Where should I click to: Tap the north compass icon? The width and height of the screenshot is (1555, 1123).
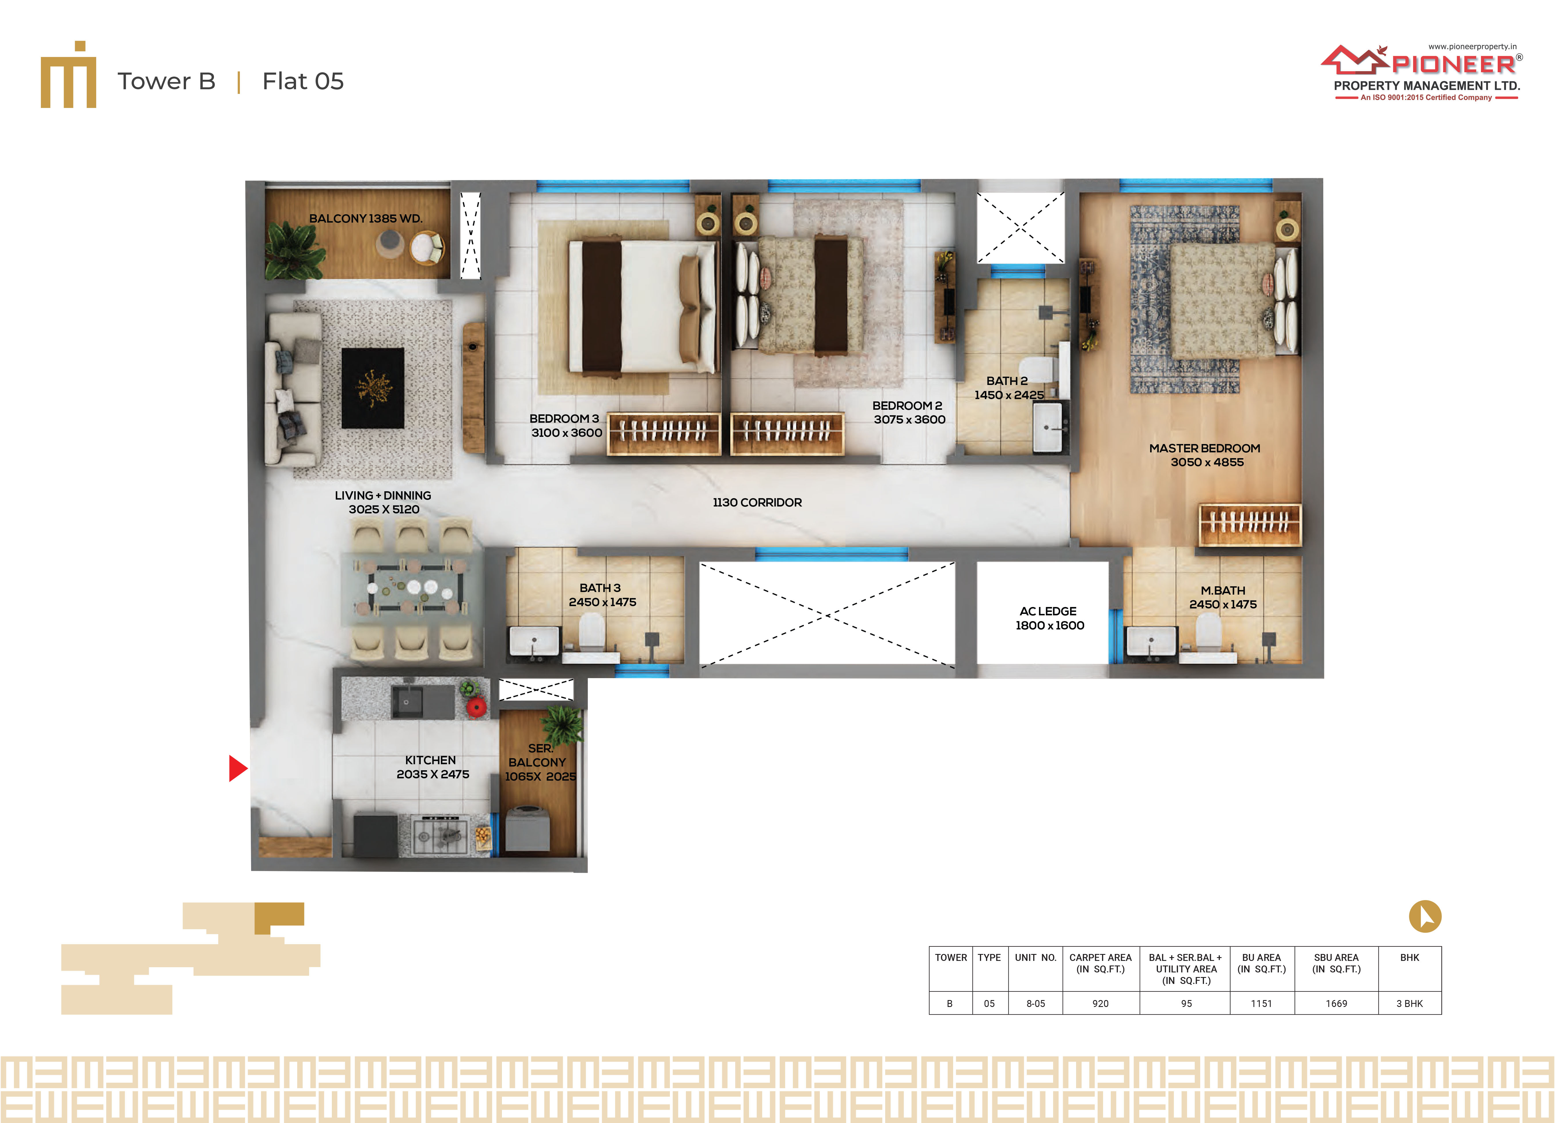[x=1425, y=916]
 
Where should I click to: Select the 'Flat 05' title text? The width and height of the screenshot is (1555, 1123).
[x=303, y=81]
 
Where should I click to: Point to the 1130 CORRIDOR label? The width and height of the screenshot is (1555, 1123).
[x=757, y=502]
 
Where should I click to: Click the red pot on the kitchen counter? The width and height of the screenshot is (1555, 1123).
[x=476, y=707]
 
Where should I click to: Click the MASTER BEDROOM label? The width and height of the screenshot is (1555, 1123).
[x=1205, y=448]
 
